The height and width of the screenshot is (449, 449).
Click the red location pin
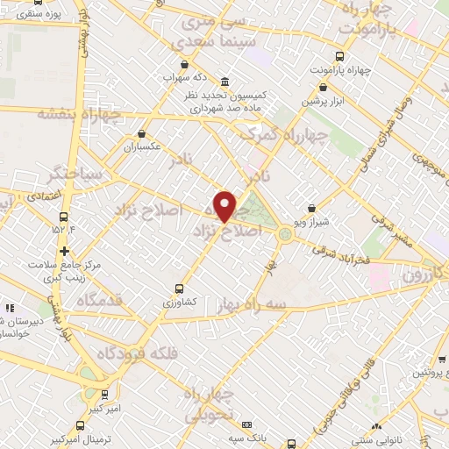coord(226,206)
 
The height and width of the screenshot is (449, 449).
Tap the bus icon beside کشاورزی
coord(180,288)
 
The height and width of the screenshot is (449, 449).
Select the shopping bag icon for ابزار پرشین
coord(324,88)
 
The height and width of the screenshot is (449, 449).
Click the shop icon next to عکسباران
coord(141,134)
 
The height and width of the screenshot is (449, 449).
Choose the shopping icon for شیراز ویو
coord(313,209)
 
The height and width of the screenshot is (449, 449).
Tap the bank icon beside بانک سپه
coord(246,423)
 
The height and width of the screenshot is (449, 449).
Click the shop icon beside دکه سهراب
coord(183,64)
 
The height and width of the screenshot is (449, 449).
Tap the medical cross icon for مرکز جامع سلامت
coord(64,251)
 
